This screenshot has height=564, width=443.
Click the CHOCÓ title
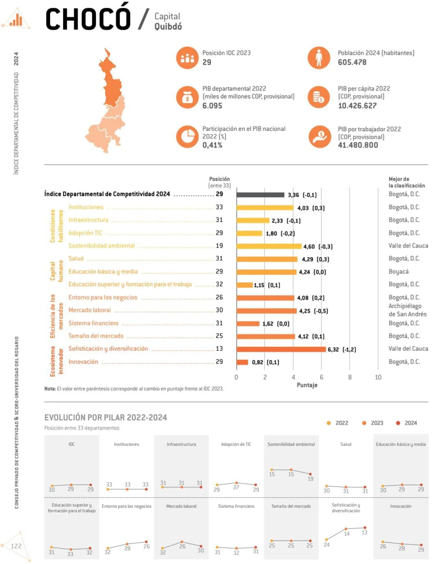[x=88, y=19]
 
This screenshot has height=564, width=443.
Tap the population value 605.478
[x=352, y=62]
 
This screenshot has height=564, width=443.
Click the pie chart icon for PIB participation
[x=187, y=136]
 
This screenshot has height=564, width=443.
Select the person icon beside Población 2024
[x=319, y=58]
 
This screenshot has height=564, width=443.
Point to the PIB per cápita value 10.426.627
[x=357, y=106]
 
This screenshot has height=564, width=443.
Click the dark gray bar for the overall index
[x=260, y=195]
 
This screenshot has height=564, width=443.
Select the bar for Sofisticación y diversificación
[x=281, y=349]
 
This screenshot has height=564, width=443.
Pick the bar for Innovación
[x=242, y=362]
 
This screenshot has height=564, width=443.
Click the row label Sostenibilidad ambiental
[x=101, y=246]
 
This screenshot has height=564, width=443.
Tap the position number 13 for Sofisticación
[x=219, y=348]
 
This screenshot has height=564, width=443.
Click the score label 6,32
[x=333, y=350]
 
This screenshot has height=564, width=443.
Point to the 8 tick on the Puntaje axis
[x=349, y=377]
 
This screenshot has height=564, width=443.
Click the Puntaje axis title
[x=307, y=385]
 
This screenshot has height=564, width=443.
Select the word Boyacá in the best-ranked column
[x=398, y=271]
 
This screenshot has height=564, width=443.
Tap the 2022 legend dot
[x=329, y=423]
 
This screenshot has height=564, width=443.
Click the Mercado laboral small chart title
[x=181, y=506]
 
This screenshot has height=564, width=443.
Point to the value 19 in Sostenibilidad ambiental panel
[x=310, y=479]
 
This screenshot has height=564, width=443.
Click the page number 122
[x=16, y=546]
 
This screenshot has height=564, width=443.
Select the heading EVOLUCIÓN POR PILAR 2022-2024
[x=105, y=417]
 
